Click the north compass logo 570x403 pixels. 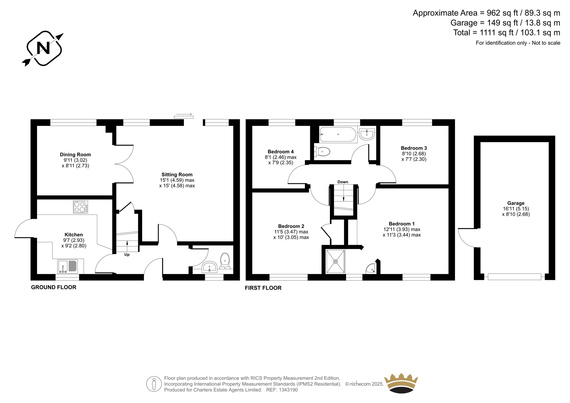(x=43, y=48)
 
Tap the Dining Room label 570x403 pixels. (x=75, y=155)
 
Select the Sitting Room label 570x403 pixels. (x=177, y=175)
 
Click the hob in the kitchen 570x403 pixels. (x=80, y=207)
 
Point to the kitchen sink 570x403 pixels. (x=68, y=266)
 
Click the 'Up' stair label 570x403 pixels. (x=127, y=255)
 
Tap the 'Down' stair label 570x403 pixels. (x=343, y=182)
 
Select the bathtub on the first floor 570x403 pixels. (x=338, y=134)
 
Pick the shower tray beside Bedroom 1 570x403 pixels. (x=335, y=262)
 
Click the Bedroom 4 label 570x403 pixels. (x=281, y=152)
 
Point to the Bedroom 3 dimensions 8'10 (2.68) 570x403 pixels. (x=414, y=154)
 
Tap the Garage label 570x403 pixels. (x=515, y=203)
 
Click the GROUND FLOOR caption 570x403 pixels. (x=53, y=287)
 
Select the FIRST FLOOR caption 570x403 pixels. (x=263, y=288)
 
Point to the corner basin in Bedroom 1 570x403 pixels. (x=371, y=269)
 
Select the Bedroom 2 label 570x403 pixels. (x=291, y=226)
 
